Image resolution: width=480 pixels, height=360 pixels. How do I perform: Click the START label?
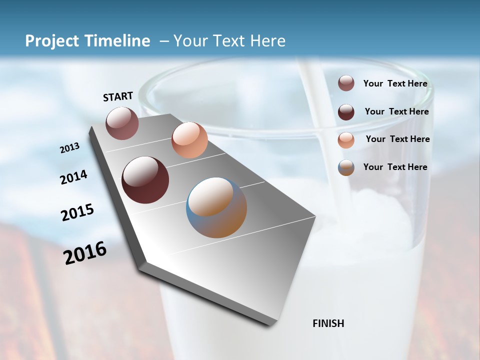pyautogui.click(x=118, y=96)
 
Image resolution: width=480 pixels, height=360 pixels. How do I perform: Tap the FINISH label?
pyautogui.click(x=328, y=323)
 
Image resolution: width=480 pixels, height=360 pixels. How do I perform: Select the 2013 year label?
pyautogui.click(x=70, y=148)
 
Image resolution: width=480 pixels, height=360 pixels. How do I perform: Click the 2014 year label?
pyautogui.click(x=74, y=177)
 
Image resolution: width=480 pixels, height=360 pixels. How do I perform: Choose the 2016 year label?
pyautogui.click(x=85, y=253)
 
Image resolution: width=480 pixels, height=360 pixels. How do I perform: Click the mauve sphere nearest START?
pyautogui.click(x=122, y=123)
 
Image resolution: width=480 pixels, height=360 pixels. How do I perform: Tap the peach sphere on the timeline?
pyautogui.click(x=189, y=140)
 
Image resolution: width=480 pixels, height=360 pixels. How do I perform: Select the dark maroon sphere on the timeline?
pyautogui.click(x=145, y=180)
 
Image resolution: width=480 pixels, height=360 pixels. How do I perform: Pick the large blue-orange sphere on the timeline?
pyautogui.click(x=216, y=207)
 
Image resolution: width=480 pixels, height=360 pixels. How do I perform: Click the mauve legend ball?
pyautogui.click(x=346, y=83)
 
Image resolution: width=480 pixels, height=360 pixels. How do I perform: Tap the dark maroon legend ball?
pyautogui.click(x=346, y=112)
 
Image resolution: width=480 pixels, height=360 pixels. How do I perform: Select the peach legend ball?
pyautogui.click(x=346, y=140)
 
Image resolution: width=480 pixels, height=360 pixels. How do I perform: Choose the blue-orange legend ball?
pyautogui.click(x=346, y=167)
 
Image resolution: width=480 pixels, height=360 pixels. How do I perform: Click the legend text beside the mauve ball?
pyautogui.click(x=395, y=84)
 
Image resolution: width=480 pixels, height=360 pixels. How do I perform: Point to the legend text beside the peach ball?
pyautogui.click(x=398, y=139)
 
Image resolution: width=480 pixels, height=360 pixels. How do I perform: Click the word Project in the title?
pyautogui.click(x=52, y=41)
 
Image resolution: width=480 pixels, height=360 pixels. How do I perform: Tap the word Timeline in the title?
pyautogui.click(x=118, y=41)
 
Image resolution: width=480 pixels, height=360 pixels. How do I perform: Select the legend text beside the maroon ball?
pyautogui.click(x=397, y=111)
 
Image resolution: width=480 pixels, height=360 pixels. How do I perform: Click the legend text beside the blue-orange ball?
pyautogui.click(x=395, y=167)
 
